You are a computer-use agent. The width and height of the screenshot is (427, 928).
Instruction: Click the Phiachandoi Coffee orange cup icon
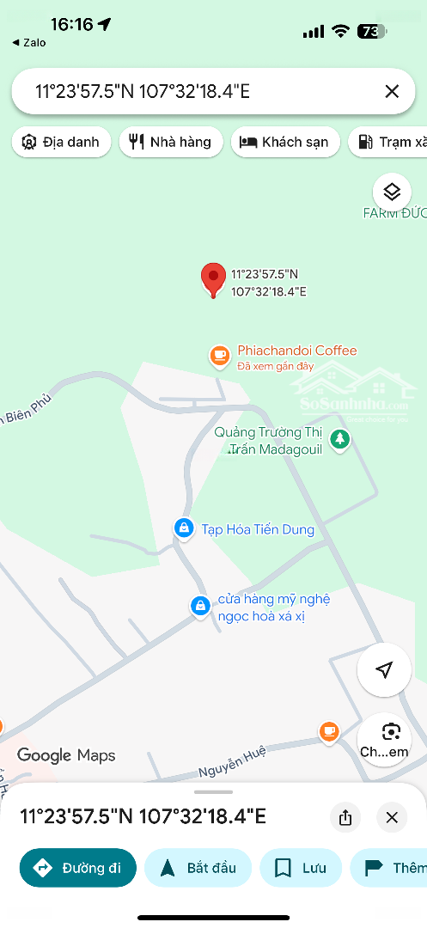point(220,355)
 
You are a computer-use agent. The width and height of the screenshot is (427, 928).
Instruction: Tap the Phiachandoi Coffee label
point(296,351)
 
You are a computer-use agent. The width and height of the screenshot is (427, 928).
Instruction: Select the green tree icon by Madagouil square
point(341,439)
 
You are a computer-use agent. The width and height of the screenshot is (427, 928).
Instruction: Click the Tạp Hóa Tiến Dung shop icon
point(183,528)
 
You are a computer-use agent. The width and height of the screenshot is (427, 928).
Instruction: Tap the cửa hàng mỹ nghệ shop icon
point(199,606)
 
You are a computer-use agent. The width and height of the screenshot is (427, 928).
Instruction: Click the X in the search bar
point(392,92)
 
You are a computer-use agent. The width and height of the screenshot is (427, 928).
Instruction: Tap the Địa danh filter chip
point(62,143)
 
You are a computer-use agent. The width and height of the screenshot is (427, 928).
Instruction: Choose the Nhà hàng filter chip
point(171,143)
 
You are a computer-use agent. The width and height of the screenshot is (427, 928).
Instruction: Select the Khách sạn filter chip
point(285,143)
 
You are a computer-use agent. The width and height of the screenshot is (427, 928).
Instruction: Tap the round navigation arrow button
point(384,670)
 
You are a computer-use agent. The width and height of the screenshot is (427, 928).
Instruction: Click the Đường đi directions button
point(78,868)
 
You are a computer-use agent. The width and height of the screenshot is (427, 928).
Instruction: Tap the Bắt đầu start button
point(198,868)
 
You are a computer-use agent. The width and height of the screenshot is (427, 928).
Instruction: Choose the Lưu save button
point(301,868)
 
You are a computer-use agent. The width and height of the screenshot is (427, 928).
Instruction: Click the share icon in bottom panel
point(345,817)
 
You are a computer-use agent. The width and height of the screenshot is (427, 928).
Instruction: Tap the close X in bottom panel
point(392,817)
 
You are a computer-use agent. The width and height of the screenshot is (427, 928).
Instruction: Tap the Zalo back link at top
point(30,42)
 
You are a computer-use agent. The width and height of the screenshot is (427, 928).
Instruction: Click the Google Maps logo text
point(66,755)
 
